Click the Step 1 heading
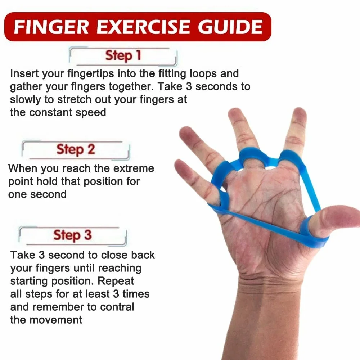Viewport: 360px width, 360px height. click(x=123, y=56)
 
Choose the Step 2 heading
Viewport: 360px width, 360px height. click(x=75, y=149)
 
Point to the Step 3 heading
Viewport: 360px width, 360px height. click(x=72, y=235)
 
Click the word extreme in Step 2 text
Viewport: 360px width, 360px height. click(x=134, y=168)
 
